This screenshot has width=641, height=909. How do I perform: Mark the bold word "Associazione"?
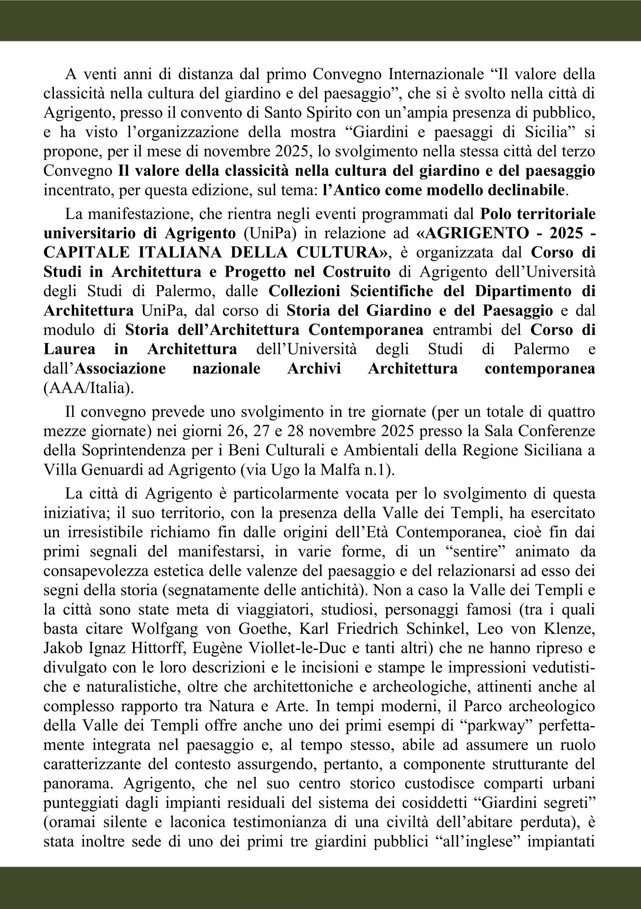pyautogui.click(x=120, y=369)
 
